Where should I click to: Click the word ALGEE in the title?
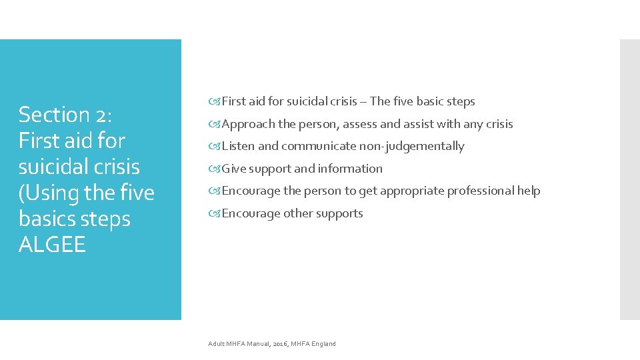(53, 245)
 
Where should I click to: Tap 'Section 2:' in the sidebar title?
(65, 115)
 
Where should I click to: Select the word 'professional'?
(481, 191)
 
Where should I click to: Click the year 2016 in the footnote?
(279, 344)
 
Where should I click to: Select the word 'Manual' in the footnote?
(258, 344)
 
